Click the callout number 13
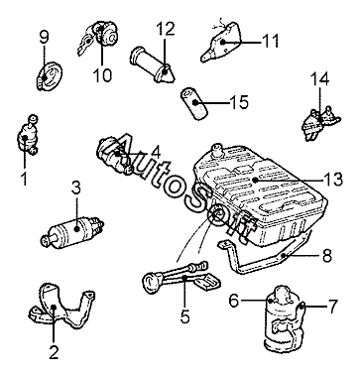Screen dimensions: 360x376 (332, 180)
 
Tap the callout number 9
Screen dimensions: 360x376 (44, 38)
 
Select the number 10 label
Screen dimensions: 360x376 (102, 75)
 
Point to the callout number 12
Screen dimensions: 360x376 (166, 29)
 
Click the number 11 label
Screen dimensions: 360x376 (271, 42)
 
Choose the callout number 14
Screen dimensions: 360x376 (319, 79)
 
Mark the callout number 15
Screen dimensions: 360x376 (239, 102)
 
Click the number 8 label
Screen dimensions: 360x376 (327, 256)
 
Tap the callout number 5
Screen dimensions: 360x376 (185, 316)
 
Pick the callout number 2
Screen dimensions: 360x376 (54, 352)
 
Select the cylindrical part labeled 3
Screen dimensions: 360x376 (72, 230)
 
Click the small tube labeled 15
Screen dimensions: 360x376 (193, 102)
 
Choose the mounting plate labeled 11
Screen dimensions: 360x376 (221, 42)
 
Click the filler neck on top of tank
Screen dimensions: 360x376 (216, 150)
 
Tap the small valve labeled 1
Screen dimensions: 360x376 (28, 135)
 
